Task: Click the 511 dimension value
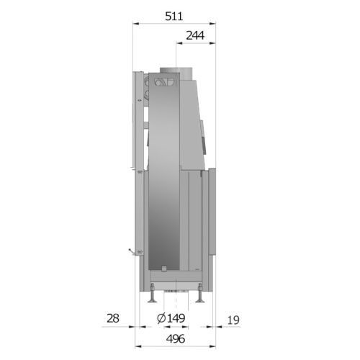(174, 17)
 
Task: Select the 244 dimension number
(195, 35)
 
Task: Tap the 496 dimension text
(176, 338)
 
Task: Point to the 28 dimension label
(113, 318)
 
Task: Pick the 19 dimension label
(233, 320)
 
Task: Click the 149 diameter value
(176, 318)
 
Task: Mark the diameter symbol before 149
(161, 318)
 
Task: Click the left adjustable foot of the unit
(152, 293)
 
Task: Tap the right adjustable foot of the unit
(199, 293)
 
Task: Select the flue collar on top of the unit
(176, 73)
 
